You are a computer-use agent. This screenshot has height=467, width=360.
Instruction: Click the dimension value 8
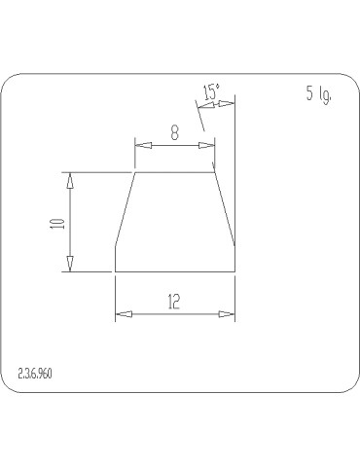(174, 133)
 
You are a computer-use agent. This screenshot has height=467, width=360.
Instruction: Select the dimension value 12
(174, 302)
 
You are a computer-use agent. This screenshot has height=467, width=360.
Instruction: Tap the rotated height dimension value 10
(58, 223)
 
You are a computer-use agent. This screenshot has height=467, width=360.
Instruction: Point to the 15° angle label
(211, 93)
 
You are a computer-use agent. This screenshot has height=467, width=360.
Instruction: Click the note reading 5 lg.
(319, 94)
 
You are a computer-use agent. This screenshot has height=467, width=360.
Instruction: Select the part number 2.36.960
(36, 374)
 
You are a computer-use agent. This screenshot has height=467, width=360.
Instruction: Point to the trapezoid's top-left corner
(134, 173)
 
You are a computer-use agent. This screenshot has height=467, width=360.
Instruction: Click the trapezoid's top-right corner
(214, 173)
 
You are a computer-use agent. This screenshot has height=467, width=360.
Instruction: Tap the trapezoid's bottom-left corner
(116, 271)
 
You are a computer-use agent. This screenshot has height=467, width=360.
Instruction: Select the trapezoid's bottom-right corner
(234, 271)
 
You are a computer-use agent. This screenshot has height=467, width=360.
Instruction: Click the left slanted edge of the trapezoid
(126, 209)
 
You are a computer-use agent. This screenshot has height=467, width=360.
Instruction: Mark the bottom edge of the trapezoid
(175, 271)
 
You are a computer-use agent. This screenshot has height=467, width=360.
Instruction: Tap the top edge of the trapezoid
(174, 173)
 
